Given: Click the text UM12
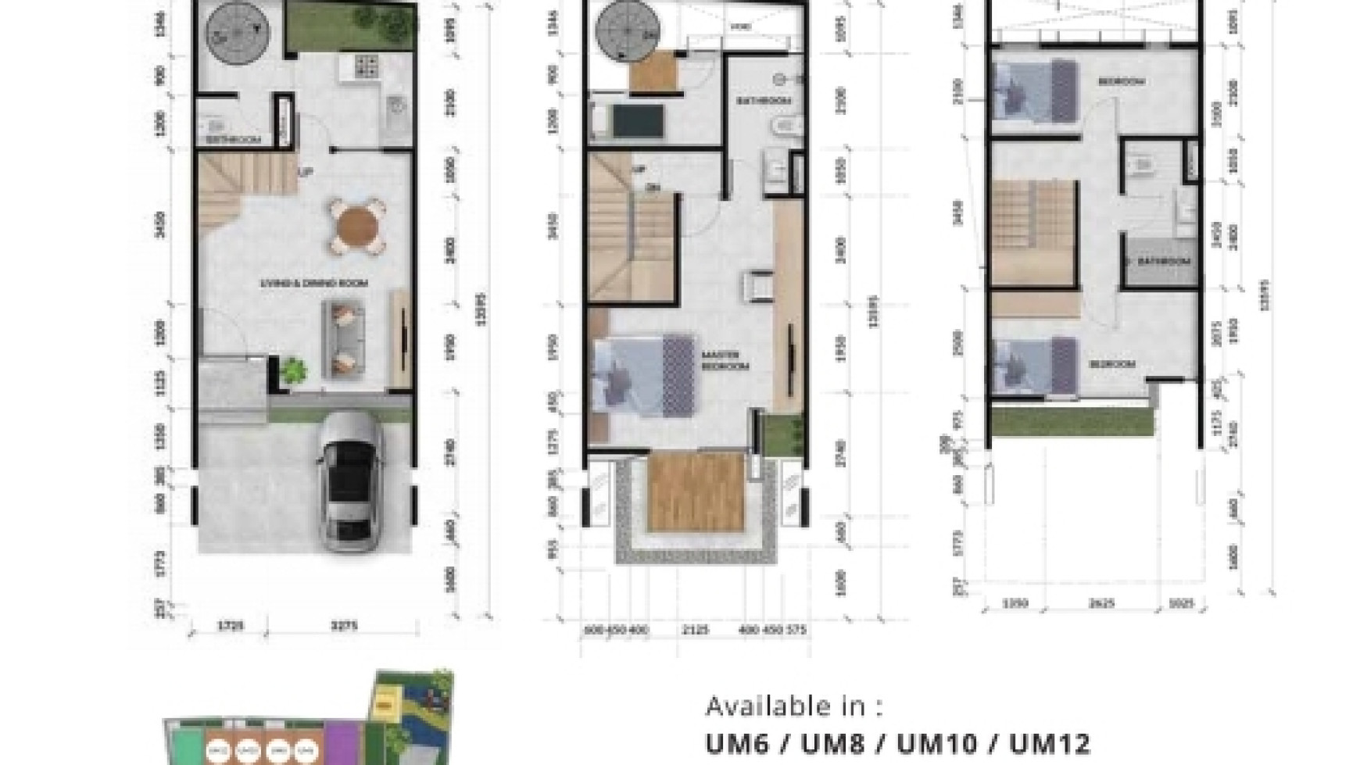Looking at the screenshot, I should coord(1049,743).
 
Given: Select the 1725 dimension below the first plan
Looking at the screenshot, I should coord(231,626).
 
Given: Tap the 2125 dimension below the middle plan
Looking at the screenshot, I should coord(693,629).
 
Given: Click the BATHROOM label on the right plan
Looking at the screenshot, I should coord(1163,261).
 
